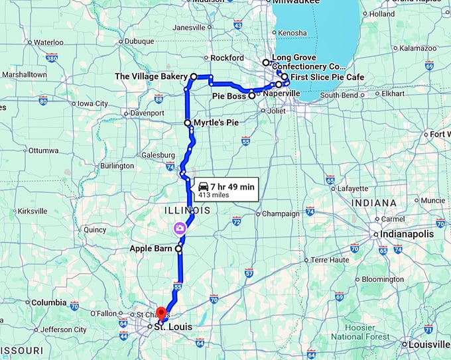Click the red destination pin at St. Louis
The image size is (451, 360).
[161, 312]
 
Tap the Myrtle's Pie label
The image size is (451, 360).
[216, 123]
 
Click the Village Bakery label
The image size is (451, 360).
[152, 77]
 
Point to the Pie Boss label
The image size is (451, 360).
[229, 96]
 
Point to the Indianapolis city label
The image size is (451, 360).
[407, 234]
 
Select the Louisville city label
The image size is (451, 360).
[428, 345]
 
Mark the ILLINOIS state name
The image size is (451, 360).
[188, 210]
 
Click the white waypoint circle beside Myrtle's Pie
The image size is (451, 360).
[188, 123]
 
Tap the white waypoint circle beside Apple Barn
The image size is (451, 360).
[178, 249]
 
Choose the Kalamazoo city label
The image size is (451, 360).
[417, 48]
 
